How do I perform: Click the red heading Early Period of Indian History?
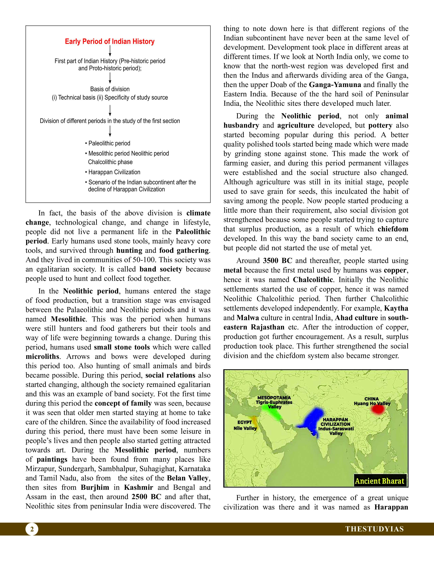point(110,42)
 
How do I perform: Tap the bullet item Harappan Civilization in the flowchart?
point(114,172)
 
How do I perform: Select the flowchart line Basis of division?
point(110,89)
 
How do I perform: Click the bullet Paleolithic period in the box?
point(109,143)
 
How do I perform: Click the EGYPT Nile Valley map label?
point(245,425)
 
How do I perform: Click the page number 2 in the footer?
point(32,529)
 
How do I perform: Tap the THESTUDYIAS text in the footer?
point(374,529)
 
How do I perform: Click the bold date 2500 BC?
point(146,497)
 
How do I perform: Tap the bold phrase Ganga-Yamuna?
point(335,85)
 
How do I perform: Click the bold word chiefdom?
point(393,229)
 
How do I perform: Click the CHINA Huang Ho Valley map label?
point(372,401)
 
